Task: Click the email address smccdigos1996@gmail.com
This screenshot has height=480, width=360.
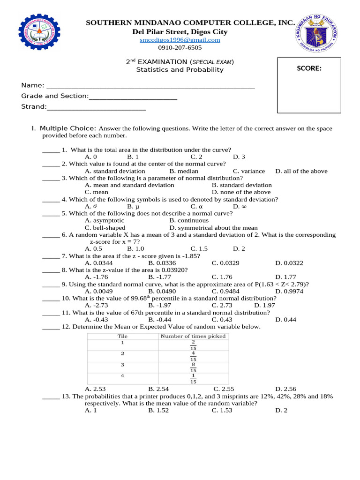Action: pos(180,40)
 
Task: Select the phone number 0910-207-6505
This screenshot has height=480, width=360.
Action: pos(180,47)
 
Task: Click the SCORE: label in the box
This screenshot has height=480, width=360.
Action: pos(309,68)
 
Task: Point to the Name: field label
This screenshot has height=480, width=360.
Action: pos(33,85)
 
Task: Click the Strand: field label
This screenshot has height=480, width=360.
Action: pos(34,107)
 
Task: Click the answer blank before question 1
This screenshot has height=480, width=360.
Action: pos(51,150)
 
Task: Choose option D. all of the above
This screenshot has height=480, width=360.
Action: pos(301,171)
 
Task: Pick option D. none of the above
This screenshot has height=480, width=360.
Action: pos(241,192)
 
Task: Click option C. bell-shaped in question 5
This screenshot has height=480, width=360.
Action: pos(105,228)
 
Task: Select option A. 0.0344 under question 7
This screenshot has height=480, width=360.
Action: pos(98,263)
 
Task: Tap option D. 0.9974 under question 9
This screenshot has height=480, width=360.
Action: pos(289,291)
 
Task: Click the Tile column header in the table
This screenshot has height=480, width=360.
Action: pos(122,336)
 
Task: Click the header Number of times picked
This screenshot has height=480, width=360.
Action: pos(193,336)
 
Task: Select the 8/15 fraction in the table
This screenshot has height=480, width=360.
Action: pos(193,367)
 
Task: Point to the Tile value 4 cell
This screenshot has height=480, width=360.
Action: pos(122,375)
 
